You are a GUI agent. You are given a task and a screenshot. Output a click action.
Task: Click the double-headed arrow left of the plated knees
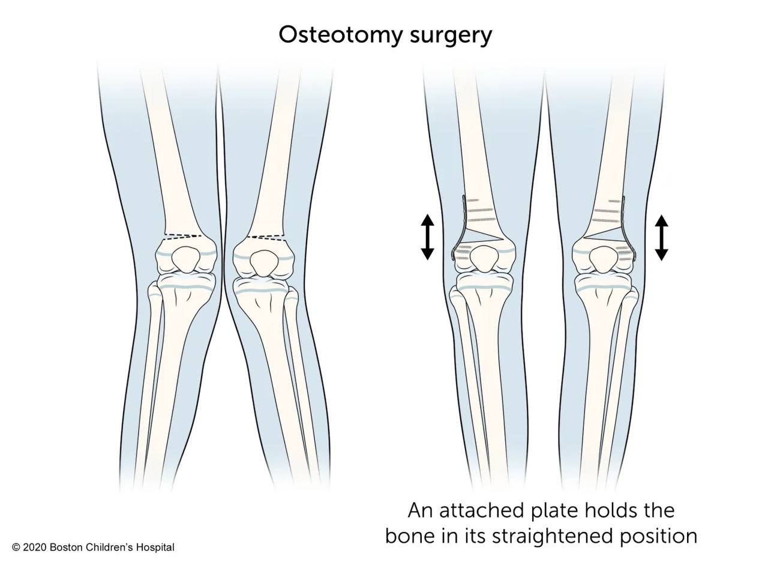point(428,237)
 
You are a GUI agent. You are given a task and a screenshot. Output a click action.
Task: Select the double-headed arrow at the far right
point(661,237)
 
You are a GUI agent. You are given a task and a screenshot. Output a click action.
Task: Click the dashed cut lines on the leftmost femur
point(183,237)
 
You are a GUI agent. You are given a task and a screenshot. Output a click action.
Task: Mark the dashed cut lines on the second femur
point(266,238)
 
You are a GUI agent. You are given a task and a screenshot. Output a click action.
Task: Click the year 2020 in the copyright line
point(34,547)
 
